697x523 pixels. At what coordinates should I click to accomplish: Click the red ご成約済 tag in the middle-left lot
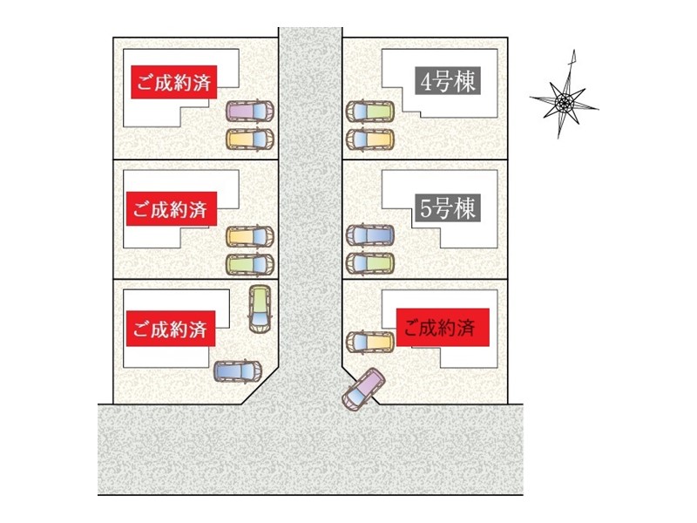[x=170, y=209]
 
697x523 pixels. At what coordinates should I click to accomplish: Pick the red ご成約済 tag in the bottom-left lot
[x=170, y=329]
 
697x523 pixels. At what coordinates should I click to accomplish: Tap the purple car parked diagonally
[x=363, y=390]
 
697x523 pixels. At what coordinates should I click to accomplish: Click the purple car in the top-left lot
[x=249, y=112]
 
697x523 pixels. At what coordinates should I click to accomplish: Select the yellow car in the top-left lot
[x=249, y=138]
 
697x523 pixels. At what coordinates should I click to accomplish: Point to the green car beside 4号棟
[x=370, y=112]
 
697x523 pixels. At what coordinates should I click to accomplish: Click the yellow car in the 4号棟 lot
[x=370, y=138]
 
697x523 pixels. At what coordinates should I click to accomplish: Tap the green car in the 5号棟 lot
[x=370, y=261]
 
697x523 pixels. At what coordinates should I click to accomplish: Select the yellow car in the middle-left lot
[x=249, y=235]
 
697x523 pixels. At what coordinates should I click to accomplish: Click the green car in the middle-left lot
[x=249, y=262]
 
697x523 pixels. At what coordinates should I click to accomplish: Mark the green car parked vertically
[x=259, y=307]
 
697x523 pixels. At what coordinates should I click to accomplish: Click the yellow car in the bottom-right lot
[x=370, y=341]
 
